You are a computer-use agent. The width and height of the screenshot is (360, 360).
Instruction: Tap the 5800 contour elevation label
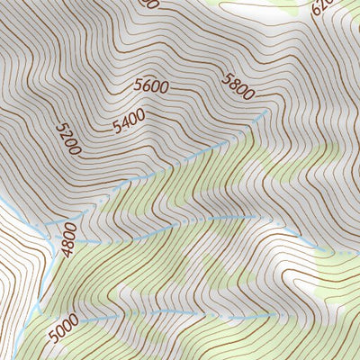(238, 84)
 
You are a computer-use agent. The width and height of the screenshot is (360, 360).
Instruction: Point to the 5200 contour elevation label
(68, 139)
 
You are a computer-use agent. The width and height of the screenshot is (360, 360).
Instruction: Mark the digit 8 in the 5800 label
(233, 80)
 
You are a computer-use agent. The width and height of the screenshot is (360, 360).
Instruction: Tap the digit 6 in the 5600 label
(147, 86)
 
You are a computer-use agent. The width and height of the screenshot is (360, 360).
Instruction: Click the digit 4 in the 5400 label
(124, 123)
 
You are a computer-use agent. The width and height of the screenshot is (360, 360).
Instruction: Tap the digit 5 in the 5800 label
(226, 76)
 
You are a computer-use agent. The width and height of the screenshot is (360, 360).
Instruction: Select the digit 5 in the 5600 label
(139, 87)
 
